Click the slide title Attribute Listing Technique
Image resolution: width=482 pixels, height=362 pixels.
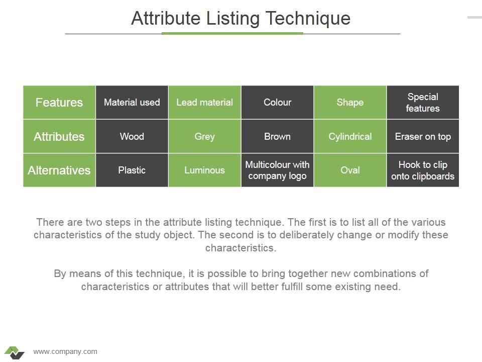click(240, 19)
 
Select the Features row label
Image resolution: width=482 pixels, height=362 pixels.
click(59, 103)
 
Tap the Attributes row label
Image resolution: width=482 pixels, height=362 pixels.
click(59, 136)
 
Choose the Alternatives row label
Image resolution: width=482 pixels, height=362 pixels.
click(59, 170)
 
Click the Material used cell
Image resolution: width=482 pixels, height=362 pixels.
click(132, 103)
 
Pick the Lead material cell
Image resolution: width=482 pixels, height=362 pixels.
click(205, 103)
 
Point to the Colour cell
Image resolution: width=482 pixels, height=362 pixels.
click(278, 103)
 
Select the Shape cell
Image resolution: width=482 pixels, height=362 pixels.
click(350, 103)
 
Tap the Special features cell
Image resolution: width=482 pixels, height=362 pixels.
click(423, 103)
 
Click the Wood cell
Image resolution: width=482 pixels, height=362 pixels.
click(132, 136)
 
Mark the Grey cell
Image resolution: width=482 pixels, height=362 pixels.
click(205, 136)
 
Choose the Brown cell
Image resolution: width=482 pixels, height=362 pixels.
click(278, 136)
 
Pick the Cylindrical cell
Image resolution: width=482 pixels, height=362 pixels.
click(350, 136)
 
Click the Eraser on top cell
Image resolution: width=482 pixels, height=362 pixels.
click(423, 136)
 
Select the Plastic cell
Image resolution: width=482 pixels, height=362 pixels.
click(132, 170)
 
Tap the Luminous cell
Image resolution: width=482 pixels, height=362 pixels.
click(205, 170)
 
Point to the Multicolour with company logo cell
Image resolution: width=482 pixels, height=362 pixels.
click(278, 170)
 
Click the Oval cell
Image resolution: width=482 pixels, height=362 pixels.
click(350, 170)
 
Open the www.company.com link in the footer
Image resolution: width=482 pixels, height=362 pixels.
click(65, 351)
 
